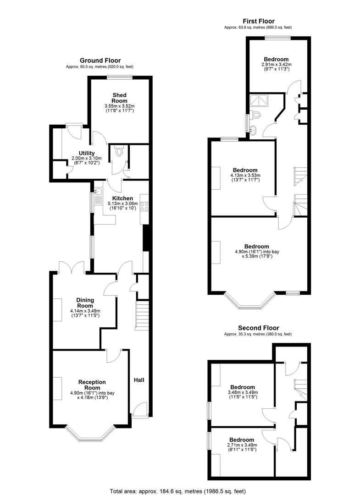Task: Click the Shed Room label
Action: pos(119,98)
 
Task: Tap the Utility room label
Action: pos(86,153)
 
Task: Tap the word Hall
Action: pos(139,380)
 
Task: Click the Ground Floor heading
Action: pos(100,60)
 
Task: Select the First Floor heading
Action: pos(258,21)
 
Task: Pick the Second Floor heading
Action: pos(258,328)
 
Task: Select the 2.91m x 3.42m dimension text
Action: pos(276,65)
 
